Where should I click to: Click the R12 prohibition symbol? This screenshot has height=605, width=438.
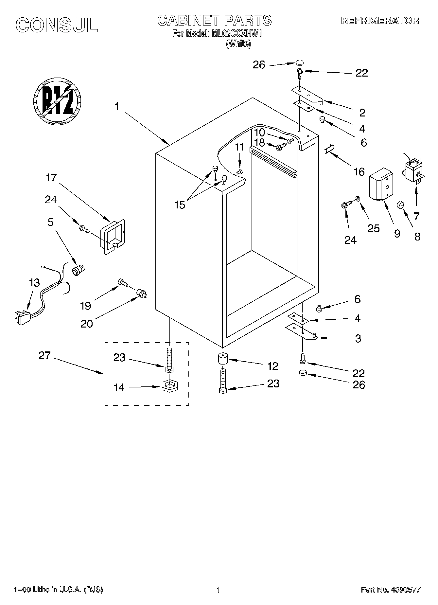tap(57, 101)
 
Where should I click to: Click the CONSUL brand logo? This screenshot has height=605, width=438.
tap(57, 25)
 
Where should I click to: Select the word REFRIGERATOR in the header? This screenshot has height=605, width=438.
tap(380, 21)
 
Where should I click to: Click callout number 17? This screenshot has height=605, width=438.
tap(51, 178)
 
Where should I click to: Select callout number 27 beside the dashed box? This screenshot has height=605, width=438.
tap(44, 356)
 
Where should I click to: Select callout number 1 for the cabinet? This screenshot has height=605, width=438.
tap(117, 106)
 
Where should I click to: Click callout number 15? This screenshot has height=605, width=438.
tap(180, 205)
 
